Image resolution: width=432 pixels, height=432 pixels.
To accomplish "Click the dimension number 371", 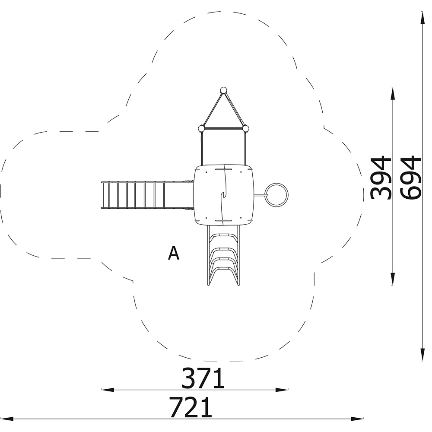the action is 203,378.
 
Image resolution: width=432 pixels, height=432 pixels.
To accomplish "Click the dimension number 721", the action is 191,407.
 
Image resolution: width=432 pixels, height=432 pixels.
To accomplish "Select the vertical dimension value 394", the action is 381,178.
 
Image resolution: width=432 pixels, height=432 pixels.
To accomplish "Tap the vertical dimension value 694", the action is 411,177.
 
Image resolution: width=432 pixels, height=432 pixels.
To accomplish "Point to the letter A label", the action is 174,253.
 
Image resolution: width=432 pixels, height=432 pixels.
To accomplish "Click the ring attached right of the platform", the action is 276,195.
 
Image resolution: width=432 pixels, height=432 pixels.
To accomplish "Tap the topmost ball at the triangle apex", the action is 223,90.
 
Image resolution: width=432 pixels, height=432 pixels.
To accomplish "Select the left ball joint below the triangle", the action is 202,128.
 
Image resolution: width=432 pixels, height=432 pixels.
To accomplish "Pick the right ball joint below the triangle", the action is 245,128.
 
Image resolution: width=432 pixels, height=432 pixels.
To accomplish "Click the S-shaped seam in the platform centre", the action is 224,194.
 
